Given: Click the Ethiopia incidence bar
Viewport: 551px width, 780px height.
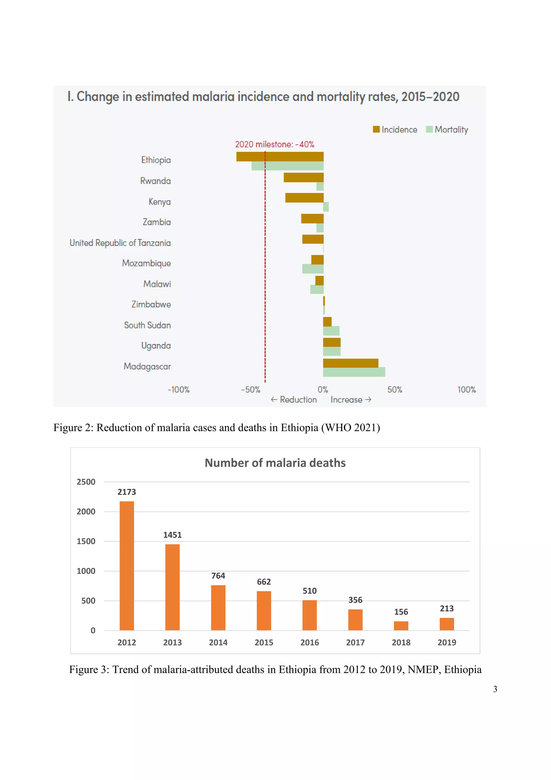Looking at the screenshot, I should pyautogui.click(x=280, y=157).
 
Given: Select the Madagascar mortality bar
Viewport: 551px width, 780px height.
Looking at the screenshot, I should pyautogui.click(x=354, y=372).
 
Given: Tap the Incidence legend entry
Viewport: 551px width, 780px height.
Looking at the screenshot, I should pyautogui.click(x=395, y=129).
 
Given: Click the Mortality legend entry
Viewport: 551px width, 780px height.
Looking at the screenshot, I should pyautogui.click(x=447, y=129).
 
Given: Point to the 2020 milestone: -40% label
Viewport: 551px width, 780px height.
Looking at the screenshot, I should pyautogui.click(x=274, y=144).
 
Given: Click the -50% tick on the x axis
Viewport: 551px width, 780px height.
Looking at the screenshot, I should pyautogui.click(x=250, y=390).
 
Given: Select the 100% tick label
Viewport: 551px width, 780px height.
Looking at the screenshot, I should pyautogui.click(x=466, y=390).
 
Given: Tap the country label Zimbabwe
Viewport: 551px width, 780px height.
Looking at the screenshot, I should pyautogui.click(x=151, y=304).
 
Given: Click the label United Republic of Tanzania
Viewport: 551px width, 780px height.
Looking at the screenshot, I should pyautogui.click(x=120, y=243).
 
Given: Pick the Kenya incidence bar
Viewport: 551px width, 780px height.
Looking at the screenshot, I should pyautogui.click(x=304, y=198).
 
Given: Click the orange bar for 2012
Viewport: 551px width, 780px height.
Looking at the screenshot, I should pyautogui.click(x=127, y=566).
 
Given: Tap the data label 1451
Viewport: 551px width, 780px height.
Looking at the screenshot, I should pyautogui.click(x=172, y=535).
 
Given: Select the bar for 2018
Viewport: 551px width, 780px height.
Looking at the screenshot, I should pyautogui.click(x=401, y=626).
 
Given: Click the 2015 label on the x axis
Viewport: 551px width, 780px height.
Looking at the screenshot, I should pyautogui.click(x=264, y=642).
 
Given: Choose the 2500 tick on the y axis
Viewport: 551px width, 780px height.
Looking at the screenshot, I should pyautogui.click(x=86, y=482).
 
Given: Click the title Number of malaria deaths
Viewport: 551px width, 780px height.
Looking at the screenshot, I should pyautogui.click(x=275, y=463).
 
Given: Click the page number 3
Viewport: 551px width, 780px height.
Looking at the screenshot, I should pyautogui.click(x=495, y=689).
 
